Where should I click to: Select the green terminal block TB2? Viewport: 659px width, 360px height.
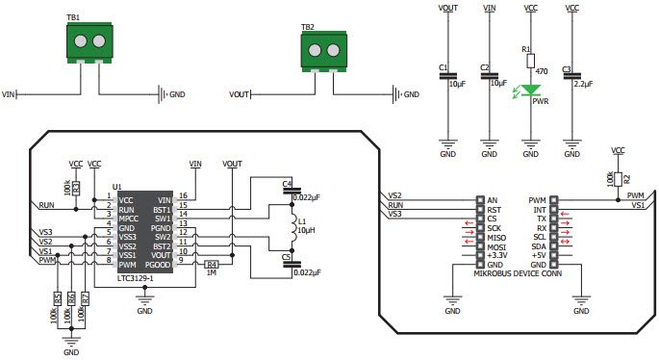click(320, 53)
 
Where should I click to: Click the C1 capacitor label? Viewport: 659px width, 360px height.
click(443, 68)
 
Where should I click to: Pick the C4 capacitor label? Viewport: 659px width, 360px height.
click(287, 183)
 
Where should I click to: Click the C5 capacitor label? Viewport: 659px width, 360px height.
click(287, 257)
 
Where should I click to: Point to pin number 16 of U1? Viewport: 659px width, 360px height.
click(182, 197)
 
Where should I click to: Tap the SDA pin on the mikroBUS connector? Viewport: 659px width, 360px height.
click(538, 246)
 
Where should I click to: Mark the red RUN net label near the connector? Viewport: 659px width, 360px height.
click(395, 204)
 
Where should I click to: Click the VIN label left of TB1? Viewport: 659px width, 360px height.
click(9, 94)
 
